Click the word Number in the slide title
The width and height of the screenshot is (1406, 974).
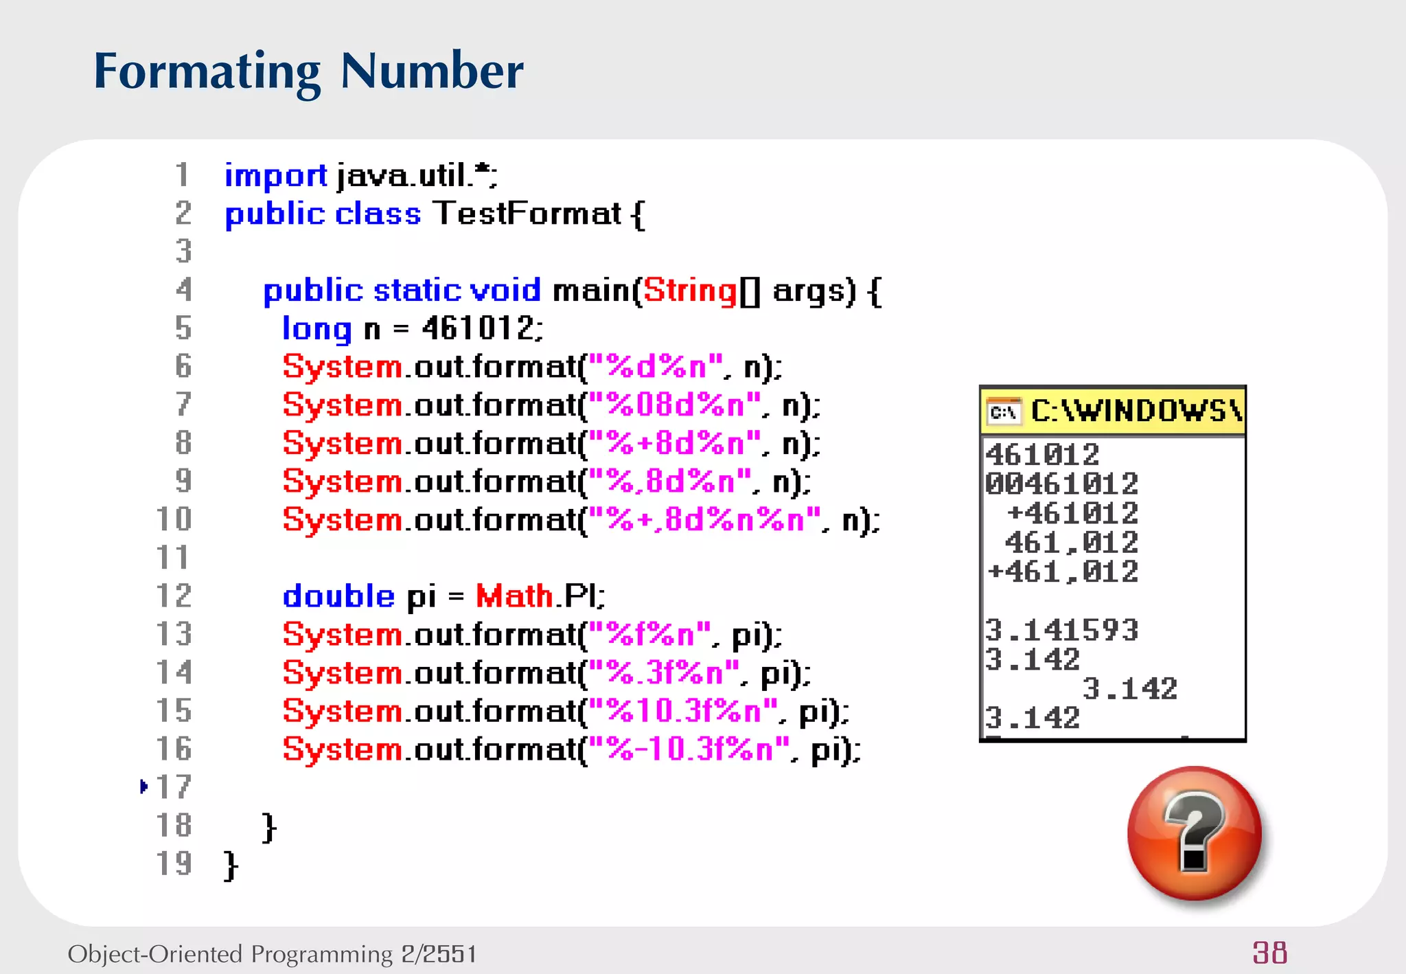(431, 71)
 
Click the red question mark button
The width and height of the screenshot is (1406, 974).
(1194, 833)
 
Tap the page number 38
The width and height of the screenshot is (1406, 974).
(1269, 953)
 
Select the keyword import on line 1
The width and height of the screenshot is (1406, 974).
(275, 177)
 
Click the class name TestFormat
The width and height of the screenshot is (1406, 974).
(527, 214)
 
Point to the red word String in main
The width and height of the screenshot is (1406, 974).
(690, 291)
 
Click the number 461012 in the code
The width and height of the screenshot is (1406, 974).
(477, 328)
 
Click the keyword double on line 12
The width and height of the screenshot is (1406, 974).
(338, 596)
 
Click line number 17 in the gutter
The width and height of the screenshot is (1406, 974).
(173, 787)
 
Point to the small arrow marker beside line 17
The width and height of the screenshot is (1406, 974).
(143, 786)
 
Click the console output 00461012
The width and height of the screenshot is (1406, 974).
(1061, 484)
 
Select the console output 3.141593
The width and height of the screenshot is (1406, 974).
(1061, 630)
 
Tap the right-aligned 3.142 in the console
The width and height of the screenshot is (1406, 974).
(1129, 689)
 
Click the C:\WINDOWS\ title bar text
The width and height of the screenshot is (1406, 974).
(1136, 411)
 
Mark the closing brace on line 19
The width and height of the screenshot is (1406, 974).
(231, 865)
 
